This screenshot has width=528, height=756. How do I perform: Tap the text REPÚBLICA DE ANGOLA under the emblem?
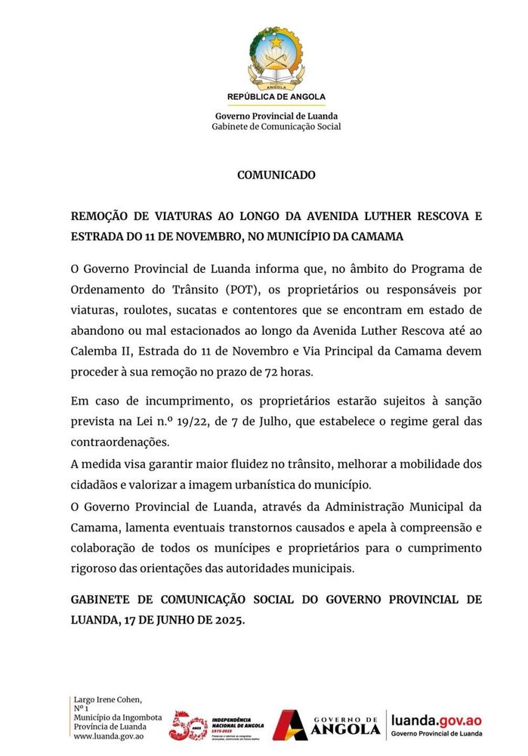[276, 97]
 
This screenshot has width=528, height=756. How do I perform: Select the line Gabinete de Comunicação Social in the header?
[276, 126]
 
